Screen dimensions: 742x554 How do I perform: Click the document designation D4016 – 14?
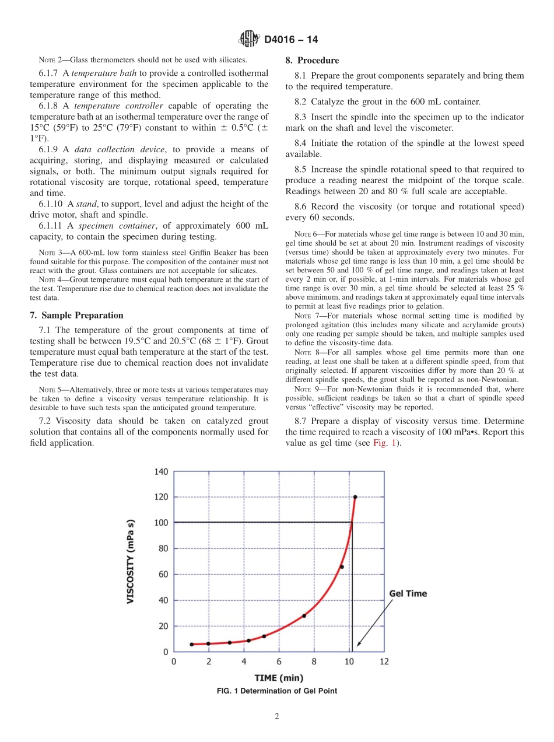pos(291,40)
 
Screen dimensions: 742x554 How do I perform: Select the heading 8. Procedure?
pos(312,61)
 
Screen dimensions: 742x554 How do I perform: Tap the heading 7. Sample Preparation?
pos(76,316)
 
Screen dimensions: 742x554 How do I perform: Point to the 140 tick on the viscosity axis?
pos(161,471)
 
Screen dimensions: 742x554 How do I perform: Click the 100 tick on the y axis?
pos(161,523)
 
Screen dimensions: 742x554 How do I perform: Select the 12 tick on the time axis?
pos(384,661)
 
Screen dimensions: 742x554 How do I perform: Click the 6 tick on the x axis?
pos(279,661)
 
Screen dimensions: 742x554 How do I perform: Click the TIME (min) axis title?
pos(279,678)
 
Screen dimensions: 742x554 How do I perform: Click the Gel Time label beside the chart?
pos(408,593)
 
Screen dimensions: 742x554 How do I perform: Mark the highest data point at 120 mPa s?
pos(355,497)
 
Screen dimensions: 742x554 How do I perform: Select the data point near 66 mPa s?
pos(342,566)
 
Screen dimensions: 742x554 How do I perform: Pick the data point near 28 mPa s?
pos(304,615)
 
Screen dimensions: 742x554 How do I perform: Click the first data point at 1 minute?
pos(192,644)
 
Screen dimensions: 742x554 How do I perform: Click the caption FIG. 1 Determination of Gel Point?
pos(276,691)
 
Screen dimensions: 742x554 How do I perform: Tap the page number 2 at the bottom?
pos(277,717)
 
